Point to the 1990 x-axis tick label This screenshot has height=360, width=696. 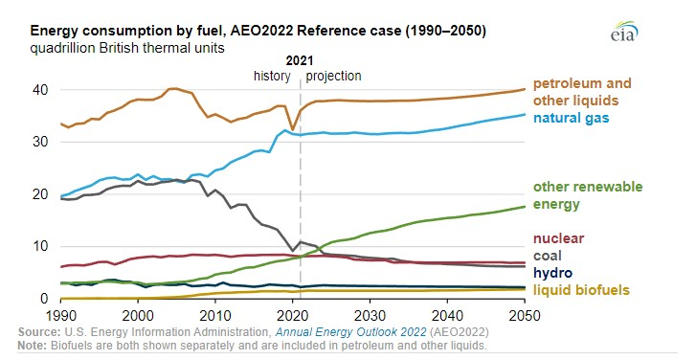tap(60, 315)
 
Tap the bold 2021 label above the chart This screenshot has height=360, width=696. tap(301, 58)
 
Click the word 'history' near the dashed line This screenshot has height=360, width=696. tap(274, 76)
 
